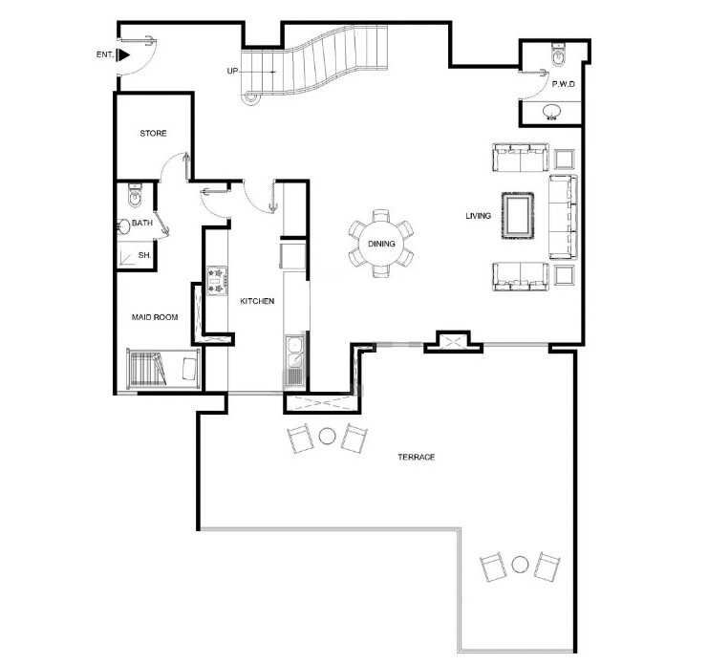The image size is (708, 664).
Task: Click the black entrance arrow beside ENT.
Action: (x=123, y=55)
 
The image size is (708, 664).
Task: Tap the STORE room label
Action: (x=153, y=133)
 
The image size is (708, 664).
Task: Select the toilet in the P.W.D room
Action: (x=558, y=54)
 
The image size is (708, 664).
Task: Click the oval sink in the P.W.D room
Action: (x=551, y=112)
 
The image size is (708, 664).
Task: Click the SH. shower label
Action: (x=144, y=255)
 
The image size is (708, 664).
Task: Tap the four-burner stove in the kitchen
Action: (x=217, y=281)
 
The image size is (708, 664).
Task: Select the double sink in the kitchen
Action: (x=294, y=353)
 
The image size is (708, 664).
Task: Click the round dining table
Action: (x=381, y=245)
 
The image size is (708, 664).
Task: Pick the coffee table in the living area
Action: (x=518, y=216)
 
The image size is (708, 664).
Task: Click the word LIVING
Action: (x=478, y=216)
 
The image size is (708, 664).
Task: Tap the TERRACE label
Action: (x=417, y=457)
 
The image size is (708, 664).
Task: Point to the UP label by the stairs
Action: (x=232, y=71)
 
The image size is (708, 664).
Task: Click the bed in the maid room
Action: (x=163, y=369)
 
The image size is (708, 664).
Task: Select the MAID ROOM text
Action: (x=155, y=317)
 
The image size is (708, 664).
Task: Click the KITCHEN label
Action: (x=257, y=301)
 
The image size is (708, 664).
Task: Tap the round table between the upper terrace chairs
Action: (x=328, y=436)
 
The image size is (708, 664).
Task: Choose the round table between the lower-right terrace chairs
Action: (x=520, y=565)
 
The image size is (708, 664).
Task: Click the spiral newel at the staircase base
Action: (x=249, y=96)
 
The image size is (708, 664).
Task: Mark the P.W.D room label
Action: (x=564, y=84)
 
